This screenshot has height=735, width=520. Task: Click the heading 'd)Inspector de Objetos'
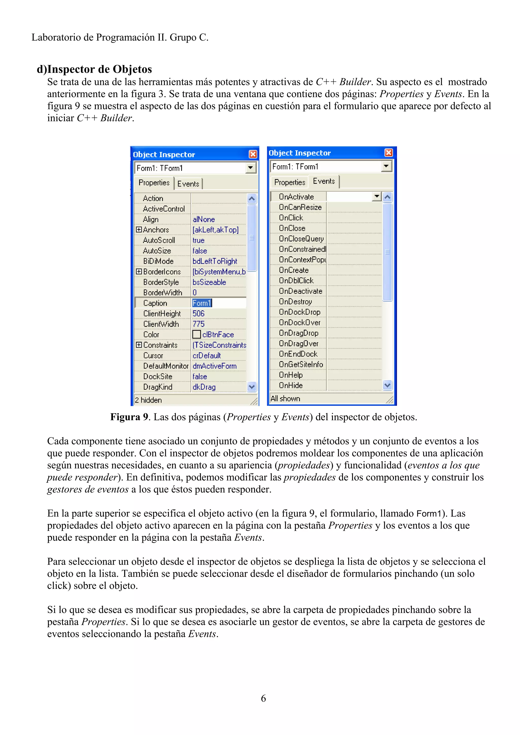pyautogui.click(x=94, y=69)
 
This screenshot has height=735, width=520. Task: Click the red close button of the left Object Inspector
pyautogui.click(x=253, y=154)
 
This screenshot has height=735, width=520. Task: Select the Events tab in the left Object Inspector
pyautogui.click(x=188, y=184)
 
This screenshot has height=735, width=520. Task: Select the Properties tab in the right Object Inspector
pyautogui.click(x=290, y=182)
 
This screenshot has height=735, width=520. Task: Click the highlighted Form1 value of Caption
pyautogui.click(x=202, y=303)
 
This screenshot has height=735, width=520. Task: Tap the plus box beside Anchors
pyautogui.click(x=139, y=230)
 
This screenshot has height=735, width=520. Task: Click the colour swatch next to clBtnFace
pyautogui.click(x=197, y=334)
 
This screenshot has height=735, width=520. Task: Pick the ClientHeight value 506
pyautogui.click(x=198, y=313)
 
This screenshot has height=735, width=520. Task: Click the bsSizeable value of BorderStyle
pyautogui.click(x=209, y=282)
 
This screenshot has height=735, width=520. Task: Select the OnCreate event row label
pyautogui.click(x=294, y=270)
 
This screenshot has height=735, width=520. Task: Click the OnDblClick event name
pyautogui.click(x=296, y=281)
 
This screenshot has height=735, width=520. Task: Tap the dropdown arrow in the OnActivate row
pyautogui.click(x=377, y=196)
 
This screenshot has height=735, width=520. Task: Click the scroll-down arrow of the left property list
pyautogui.click(x=252, y=387)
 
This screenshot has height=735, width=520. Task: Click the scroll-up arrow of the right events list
pyautogui.click(x=387, y=197)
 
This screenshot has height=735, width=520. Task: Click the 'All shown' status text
pyautogui.click(x=285, y=398)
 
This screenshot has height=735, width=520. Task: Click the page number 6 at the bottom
pyautogui.click(x=263, y=698)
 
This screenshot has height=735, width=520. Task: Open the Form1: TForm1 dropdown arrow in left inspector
pyautogui.click(x=251, y=168)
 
